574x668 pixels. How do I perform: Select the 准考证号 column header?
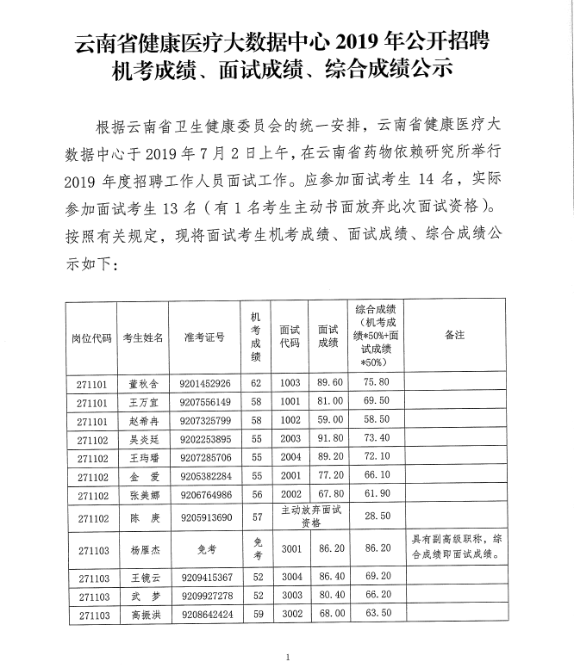pyautogui.click(x=204, y=337)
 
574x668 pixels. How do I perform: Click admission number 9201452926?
pyautogui.click(x=205, y=383)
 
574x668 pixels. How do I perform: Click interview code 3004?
pyautogui.click(x=290, y=576)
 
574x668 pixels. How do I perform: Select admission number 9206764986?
pyautogui.click(x=205, y=495)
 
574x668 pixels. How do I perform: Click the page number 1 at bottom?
pyautogui.click(x=287, y=658)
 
